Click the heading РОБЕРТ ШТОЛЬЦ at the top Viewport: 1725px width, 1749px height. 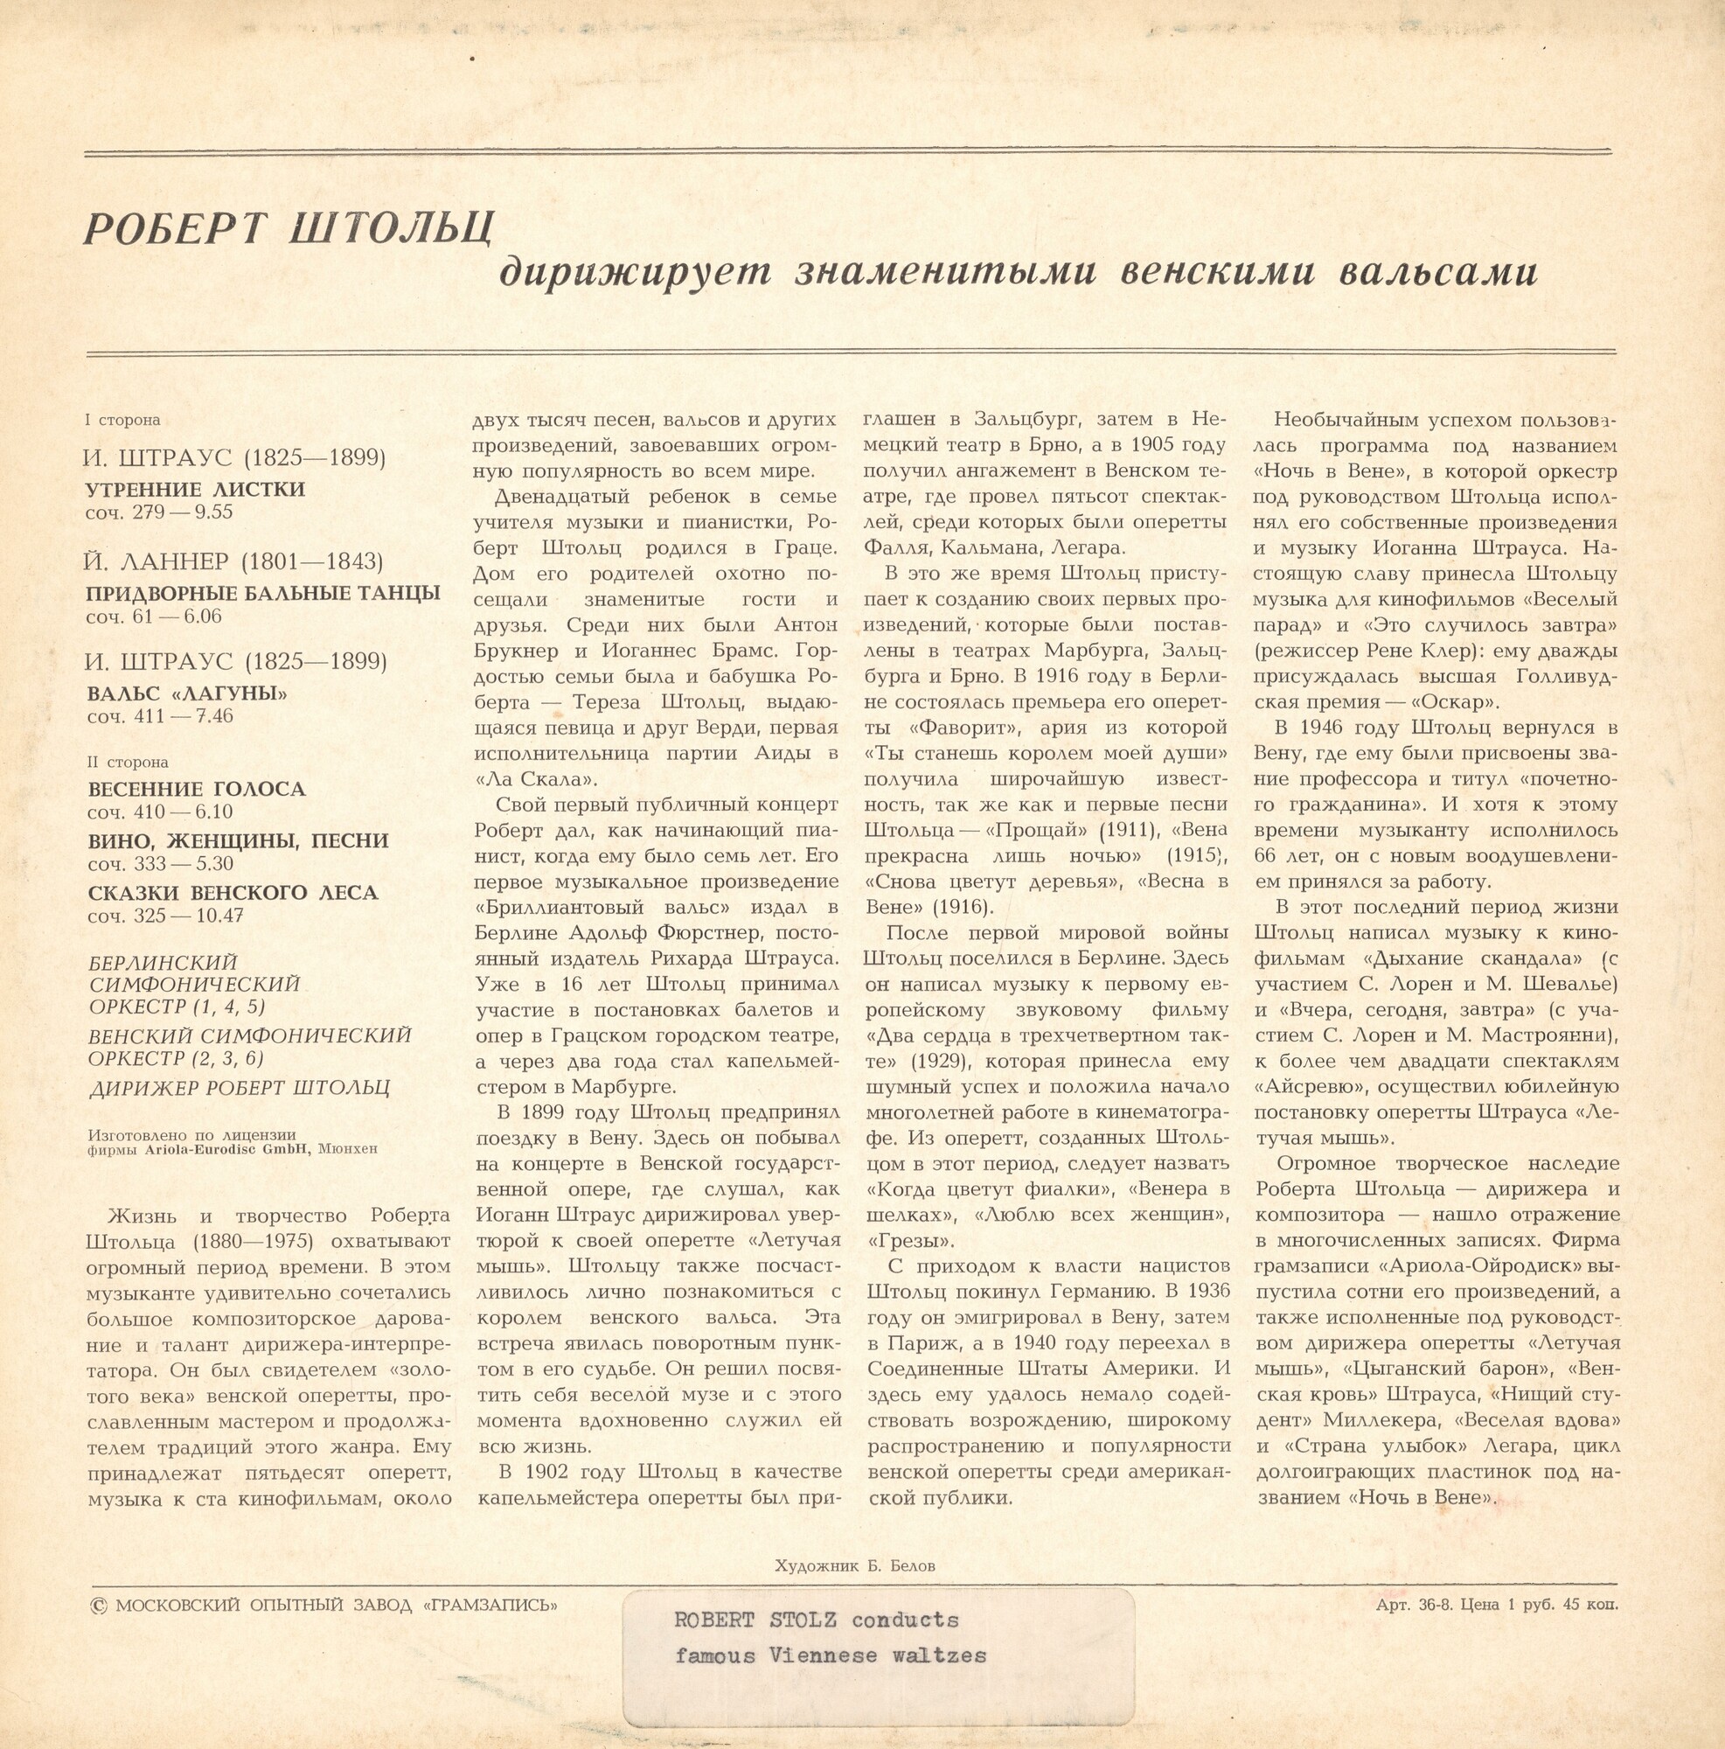(289, 228)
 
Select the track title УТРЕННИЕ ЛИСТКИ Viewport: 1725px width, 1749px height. (196, 489)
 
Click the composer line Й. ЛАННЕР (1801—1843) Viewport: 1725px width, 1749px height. (233, 561)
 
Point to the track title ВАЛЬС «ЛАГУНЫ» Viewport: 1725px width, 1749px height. (187, 693)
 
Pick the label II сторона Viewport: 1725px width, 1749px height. (128, 763)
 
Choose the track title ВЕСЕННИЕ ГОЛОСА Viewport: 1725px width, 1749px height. (197, 789)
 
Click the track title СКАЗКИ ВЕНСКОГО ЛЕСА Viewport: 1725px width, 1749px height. (233, 893)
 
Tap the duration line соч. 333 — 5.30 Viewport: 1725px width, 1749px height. (160, 864)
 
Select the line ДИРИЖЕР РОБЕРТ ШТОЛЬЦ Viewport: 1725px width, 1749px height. (239, 1088)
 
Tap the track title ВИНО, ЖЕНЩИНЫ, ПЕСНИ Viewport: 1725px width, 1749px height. (238, 840)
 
